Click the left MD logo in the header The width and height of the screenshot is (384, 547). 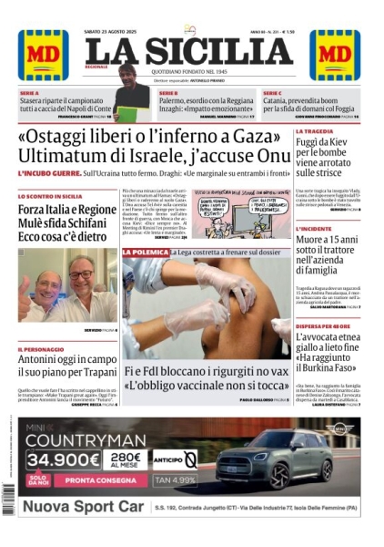coord(43,55)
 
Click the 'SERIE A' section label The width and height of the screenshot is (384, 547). coord(30,93)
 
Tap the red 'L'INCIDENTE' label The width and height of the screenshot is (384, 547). coord(314,229)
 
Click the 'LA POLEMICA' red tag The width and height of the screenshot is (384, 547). coord(147,252)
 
